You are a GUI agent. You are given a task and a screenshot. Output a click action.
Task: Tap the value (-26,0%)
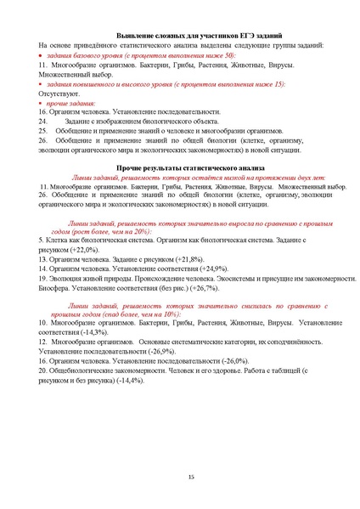click(x=226, y=360)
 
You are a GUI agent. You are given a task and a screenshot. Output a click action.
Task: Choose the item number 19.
click(x=43, y=278)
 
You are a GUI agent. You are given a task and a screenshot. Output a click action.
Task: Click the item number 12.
click(x=43, y=342)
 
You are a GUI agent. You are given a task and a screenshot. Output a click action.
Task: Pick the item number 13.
click(x=43, y=259)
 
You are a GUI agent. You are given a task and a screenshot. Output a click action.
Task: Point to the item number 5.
click(x=42, y=240)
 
